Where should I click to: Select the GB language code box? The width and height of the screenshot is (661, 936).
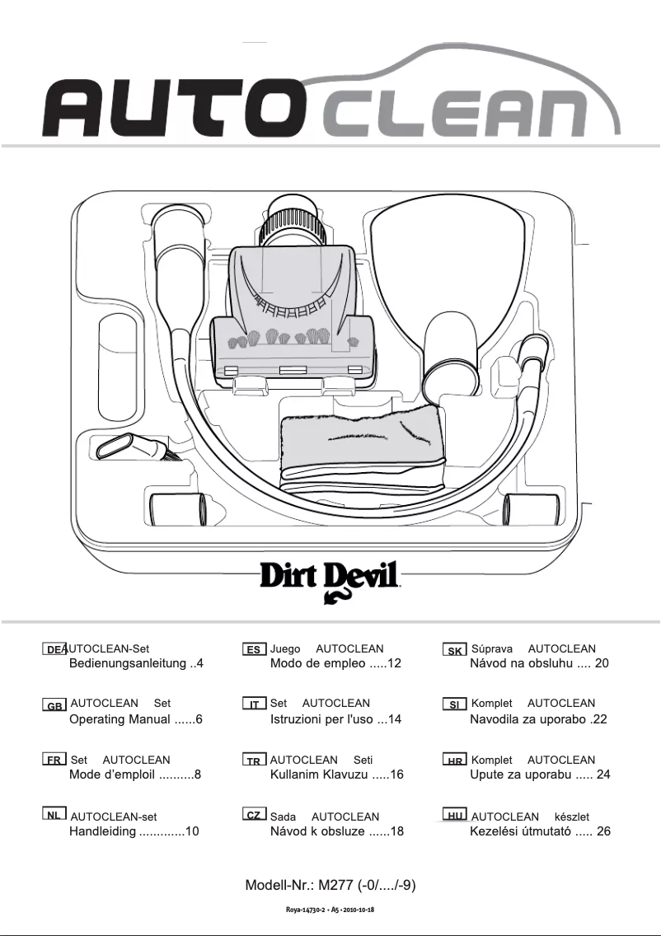(54, 706)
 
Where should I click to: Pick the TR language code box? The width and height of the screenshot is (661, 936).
(255, 761)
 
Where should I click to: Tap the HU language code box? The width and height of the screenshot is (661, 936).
(454, 816)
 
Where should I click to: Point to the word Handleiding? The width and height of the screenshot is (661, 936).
(102, 831)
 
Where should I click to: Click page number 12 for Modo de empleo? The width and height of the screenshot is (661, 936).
(393, 663)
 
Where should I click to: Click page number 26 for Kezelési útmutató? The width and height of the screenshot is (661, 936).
(602, 831)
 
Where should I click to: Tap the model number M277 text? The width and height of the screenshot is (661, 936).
(330, 886)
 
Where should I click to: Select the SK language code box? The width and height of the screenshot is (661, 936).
(454, 651)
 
